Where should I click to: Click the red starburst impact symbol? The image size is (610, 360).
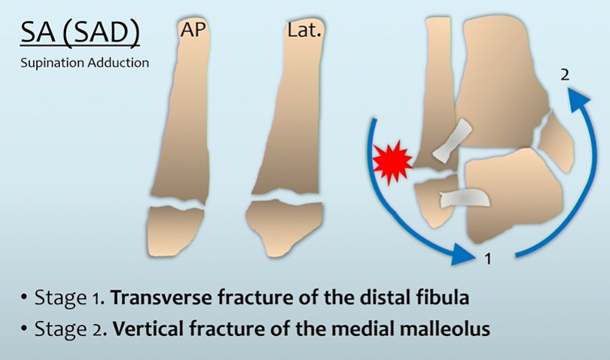[392, 160]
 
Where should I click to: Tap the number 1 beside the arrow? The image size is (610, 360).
[488, 259]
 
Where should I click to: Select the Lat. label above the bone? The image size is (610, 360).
[303, 31]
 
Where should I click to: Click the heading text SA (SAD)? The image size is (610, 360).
[81, 33]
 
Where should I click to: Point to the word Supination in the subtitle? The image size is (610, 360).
[50, 63]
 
